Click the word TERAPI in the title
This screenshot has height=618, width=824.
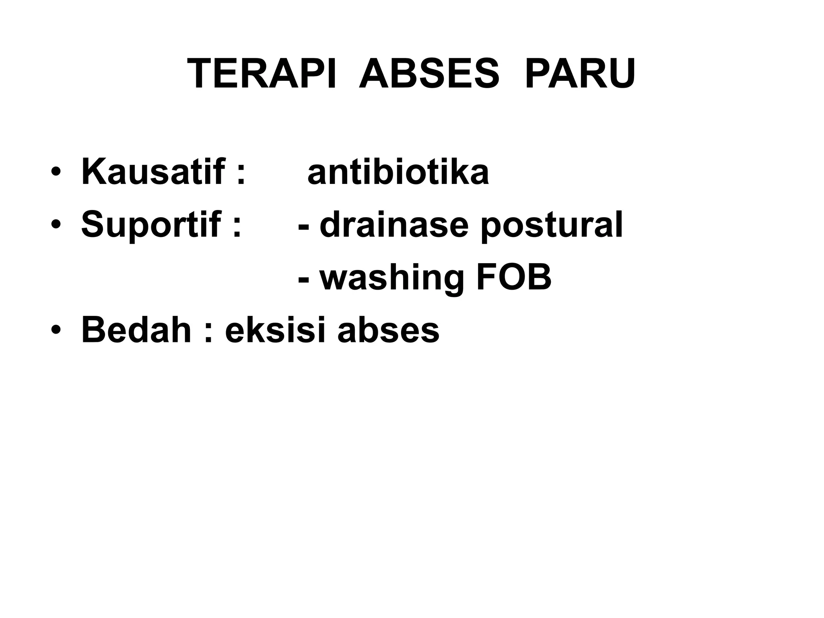pos(261,74)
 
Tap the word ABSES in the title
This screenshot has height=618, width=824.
pos(428,74)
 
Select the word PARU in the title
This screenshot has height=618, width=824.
pos(580,74)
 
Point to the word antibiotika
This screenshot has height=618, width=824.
pos(398,172)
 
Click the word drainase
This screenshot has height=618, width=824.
pos(394,225)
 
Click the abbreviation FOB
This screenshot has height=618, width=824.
pos(514,278)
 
